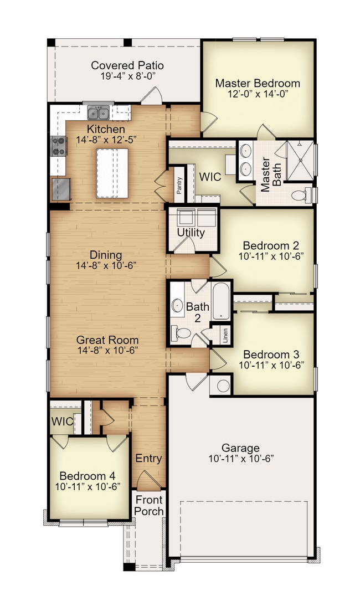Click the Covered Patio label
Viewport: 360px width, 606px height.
[x=127, y=65]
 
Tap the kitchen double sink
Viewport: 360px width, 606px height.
[x=98, y=112]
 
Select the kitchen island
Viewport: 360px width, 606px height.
[x=112, y=173]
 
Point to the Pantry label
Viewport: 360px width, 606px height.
[x=179, y=186]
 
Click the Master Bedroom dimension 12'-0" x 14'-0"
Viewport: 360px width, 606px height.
[x=258, y=94]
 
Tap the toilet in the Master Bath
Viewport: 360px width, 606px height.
[x=302, y=195]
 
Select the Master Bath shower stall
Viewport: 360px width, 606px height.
[x=300, y=161]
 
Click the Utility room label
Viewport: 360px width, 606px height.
[x=191, y=233]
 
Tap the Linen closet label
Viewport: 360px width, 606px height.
[x=225, y=335]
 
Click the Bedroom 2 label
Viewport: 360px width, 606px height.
[x=271, y=245]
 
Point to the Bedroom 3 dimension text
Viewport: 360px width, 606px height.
[x=271, y=364]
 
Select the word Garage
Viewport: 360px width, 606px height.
[x=240, y=448]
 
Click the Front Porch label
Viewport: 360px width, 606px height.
[x=149, y=506]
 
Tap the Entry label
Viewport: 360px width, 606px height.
[x=148, y=458]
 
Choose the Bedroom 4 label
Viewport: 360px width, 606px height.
[x=88, y=476]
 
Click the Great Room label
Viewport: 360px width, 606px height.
[x=107, y=340]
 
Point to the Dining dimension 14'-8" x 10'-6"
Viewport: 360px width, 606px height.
[x=106, y=265]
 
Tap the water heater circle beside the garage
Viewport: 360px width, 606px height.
[x=223, y=386]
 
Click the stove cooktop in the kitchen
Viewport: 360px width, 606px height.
[x=59, y=146]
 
